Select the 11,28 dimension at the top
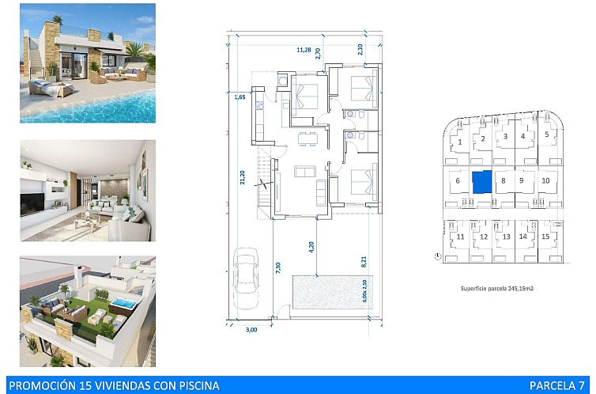pos(303,50)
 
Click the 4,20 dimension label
pos(311,245)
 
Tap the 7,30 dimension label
pos(277,268)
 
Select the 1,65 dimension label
pos(240,97)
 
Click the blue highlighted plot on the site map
pos(481,181)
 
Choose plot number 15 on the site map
pos(545,237)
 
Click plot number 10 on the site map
pos(545,180)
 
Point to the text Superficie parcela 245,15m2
pos(496,290)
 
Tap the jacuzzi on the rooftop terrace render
pos(122,305)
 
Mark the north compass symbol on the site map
pos(437,256)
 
